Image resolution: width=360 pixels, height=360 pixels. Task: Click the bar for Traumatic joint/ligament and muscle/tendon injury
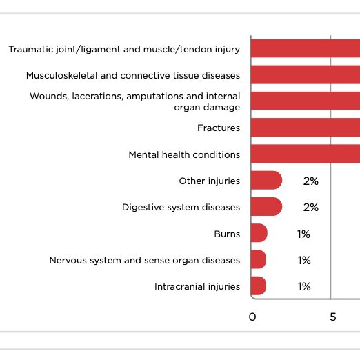305,48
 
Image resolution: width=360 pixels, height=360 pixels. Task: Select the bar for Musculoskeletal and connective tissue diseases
305,74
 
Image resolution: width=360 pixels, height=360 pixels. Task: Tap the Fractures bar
305,128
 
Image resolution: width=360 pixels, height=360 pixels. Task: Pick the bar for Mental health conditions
305,154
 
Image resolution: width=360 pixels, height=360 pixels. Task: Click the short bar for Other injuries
266,181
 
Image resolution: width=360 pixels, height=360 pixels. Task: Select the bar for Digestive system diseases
266,207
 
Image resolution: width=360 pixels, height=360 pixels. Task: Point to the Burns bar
259,234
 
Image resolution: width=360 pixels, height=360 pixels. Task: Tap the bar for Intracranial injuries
259,286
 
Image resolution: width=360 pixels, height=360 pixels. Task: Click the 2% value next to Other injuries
310,181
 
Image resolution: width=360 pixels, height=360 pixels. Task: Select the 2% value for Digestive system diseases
310,207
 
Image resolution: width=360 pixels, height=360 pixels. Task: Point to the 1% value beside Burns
304,234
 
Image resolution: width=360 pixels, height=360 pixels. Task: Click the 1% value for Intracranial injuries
304,286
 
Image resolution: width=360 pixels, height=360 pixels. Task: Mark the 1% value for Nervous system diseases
304,260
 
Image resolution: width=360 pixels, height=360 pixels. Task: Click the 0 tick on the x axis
252,317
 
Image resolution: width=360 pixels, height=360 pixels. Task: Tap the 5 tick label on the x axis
332,317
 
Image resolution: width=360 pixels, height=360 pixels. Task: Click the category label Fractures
219,128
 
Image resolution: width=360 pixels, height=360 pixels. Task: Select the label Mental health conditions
184,154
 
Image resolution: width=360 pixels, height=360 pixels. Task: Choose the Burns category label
227,234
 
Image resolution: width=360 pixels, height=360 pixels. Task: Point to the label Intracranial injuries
197,286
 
